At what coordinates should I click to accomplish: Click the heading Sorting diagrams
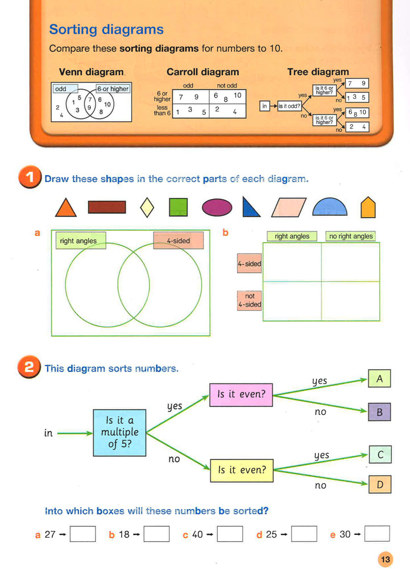pyautogui.click(x=106, y=30)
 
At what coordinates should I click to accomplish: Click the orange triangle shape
pyautogui.click(x=66, y=209)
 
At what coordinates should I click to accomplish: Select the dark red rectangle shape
pyautogui.click(x=107, y=207)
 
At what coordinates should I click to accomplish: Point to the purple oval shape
pyautogui.click(x=217, y=207)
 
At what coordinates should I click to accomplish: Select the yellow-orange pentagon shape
pyautogui.click(x=368, y=208)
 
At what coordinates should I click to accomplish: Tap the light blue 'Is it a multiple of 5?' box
pyautogui.click(x=119, y=432)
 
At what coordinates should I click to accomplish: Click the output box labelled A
pyautogui.click(x=379, y=378)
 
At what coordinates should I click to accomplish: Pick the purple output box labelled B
pyautogui.click(x=379, y=412)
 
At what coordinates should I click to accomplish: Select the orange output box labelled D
pyautogui.click(x=380, y=485)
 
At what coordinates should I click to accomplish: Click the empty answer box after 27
pyautogui.click(x=82, y=534)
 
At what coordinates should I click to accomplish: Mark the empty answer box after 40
pyautogui.click(x=230, y=534)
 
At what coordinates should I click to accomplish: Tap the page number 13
pyautogui.click(x=386, y=560)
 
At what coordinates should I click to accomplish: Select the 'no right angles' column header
pyautogui.click(x=351, y=236)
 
